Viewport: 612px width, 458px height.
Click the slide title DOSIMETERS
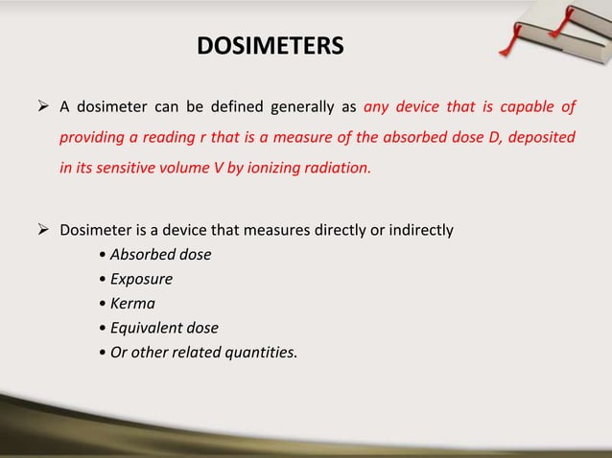(269, 46)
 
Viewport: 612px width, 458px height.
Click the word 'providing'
(95, 137)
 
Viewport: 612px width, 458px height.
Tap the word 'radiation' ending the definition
(337, 169)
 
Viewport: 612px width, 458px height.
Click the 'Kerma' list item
(133, 305)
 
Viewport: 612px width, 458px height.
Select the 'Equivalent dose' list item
(164, 329)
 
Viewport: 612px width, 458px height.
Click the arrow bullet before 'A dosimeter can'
(44, 105)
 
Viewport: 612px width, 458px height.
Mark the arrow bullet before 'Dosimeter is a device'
(44, 231)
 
